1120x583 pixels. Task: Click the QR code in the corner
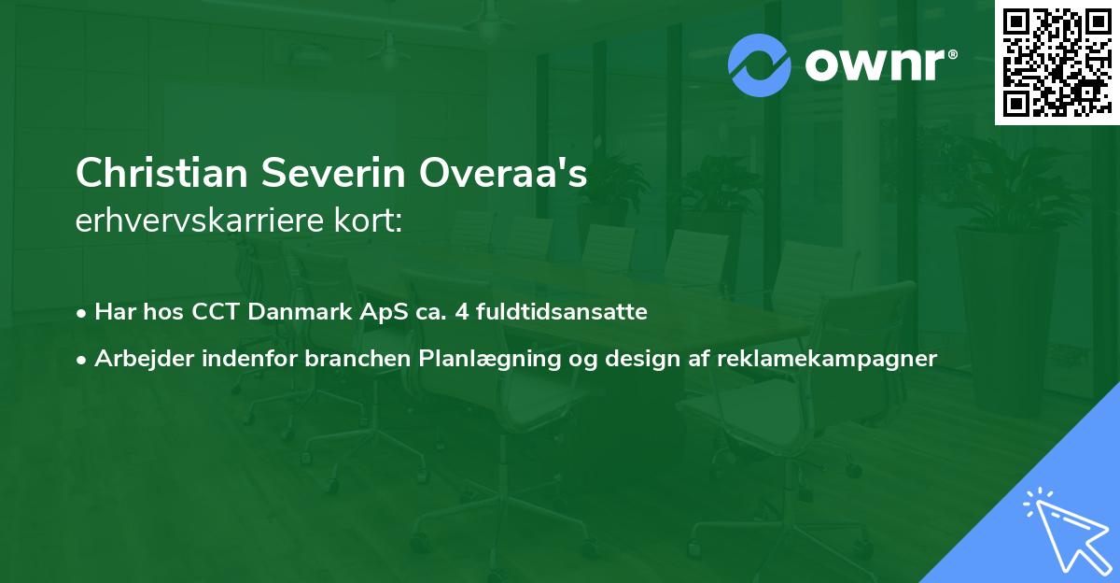click(x=1056, y=63)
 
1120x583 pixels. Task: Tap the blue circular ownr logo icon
click(x=761, y=64)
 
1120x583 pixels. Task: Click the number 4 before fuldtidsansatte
click(x=461, y=312)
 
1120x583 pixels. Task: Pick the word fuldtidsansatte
click(x=561, y=312)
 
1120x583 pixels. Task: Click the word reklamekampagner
click(x=826, y=358)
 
